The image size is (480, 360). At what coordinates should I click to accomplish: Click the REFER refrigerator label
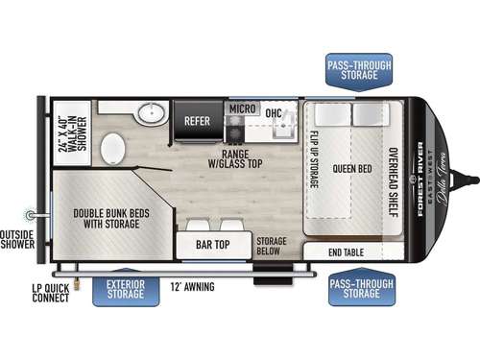[x=197, y=121]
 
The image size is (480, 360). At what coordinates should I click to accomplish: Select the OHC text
[x=274, y=112]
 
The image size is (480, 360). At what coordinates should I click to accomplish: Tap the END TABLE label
[x=354, y=252]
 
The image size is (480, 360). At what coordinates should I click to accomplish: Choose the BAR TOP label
[x=213, y=244]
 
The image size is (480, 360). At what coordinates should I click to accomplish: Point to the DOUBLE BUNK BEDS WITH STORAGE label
[x=106, y=217]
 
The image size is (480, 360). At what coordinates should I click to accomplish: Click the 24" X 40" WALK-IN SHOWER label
[x=70, y=133]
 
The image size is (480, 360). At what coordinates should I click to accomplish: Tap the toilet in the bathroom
[x=112, y=150]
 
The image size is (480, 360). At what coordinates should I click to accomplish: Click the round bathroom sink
[x=150, y=114]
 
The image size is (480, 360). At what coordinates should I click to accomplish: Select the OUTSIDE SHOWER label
[x=16, y=237]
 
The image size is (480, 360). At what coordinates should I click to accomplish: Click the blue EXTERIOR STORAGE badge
[x=125, y=287]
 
